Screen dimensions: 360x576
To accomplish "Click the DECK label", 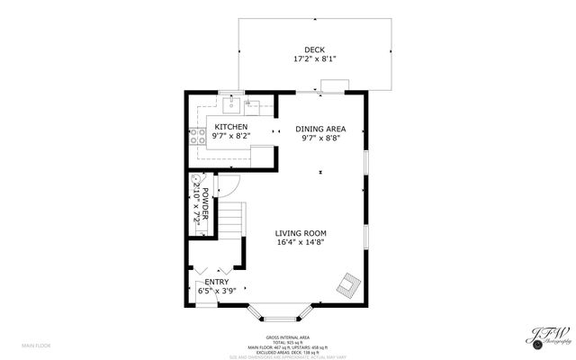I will coord(314,49).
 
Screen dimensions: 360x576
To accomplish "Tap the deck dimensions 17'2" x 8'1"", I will coord(314,59).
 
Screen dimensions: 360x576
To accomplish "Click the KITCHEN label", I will coord(230,127).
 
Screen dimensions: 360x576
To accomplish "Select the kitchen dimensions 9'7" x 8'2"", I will coord(230,136).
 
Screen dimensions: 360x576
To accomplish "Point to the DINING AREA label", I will coord(320,129).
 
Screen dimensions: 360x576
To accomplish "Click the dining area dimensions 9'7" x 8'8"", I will coord(320,138).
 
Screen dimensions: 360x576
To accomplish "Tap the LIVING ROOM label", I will coord(301,232).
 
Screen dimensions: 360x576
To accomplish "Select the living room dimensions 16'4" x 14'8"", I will coord(301,241).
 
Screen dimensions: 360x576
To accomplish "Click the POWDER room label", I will coord(205,207).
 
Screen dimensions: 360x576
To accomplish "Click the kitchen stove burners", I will coord(195,137).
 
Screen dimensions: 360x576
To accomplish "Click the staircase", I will coord(233,220).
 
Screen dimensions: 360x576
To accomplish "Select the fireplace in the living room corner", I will coord(347,286).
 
